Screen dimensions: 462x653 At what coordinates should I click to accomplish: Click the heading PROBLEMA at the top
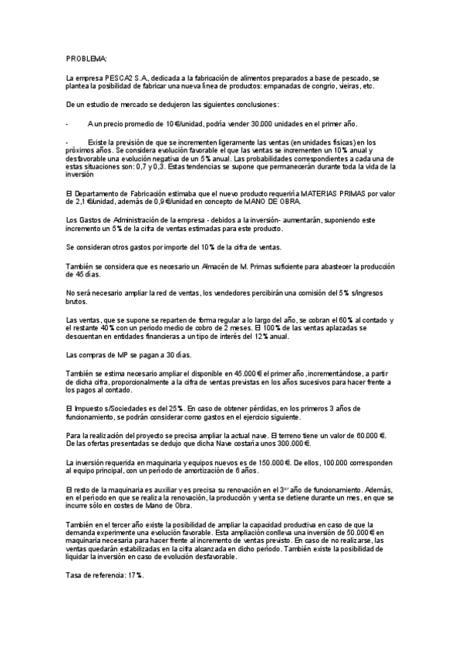(x=86, y=59)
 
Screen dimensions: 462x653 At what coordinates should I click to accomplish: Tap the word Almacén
(x=233, y=266)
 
